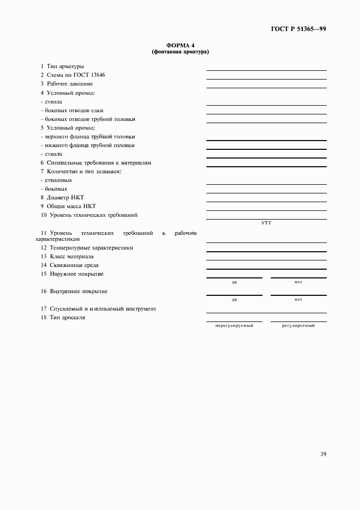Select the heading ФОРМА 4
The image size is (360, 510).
pyautogui.click(x=180, y=46)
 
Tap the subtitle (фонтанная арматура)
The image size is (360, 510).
pyautogui.click(x=180, y=52)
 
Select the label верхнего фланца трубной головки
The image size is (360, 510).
pyautogui.click(x=88, y=137)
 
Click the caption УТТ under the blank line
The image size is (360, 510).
pyautogui.click(x=266, y=223)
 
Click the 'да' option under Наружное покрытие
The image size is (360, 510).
pyautogui.click(x=234, y=282)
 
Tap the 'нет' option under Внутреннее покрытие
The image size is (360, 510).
pyautogui.click(x=298, y=300)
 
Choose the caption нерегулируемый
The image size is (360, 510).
pyautogui.click(x=234, y=325)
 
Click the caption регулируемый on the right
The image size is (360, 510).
pyautogui.click(x=298, y=325)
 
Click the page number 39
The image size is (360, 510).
pyautogui.click(x=323, y=454)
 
